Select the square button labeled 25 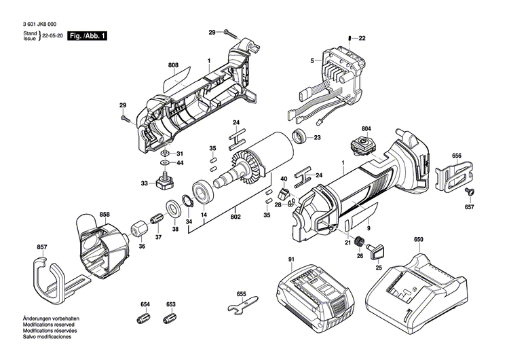click(377, 251)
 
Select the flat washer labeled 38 click(174, 209)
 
